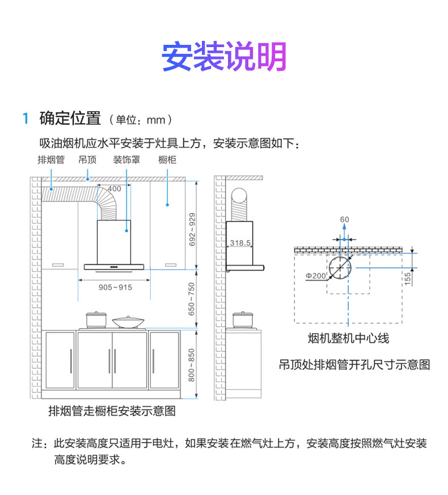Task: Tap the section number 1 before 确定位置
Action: [x=25, y=119]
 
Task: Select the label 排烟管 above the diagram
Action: [x=50, y=160]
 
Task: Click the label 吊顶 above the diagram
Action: [x=87, y=160]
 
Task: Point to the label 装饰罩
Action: [x=126, y=160]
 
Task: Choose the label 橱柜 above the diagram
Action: [x=167, y=160]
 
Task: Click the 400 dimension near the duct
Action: [x=114, y=188]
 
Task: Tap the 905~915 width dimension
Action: [x=115, y=287]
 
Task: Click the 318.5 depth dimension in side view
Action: [x=240, y=243]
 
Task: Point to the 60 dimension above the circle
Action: [x=345, y=220]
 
